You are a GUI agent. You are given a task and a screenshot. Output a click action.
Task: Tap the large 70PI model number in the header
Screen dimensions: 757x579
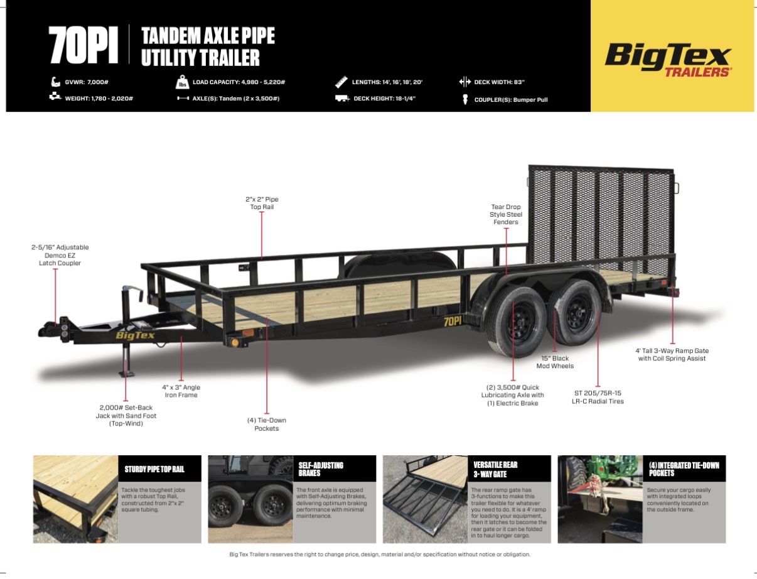[83, 45]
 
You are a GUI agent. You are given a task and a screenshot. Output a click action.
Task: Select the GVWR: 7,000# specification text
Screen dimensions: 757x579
[87, 82]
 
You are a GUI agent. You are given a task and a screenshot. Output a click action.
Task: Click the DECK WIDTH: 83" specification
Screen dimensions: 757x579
[499, 82]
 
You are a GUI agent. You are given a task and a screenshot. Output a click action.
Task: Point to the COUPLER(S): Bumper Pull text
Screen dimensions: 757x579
[511, 100]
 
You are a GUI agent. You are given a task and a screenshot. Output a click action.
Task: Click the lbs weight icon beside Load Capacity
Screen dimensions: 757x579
[182, 82]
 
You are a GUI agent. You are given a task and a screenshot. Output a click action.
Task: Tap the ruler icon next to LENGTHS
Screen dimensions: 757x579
[341, 82]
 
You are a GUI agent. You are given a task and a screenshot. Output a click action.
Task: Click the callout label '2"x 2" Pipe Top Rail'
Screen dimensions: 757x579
[262, 203]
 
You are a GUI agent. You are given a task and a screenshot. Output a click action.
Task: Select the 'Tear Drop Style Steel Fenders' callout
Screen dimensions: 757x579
[505, 214]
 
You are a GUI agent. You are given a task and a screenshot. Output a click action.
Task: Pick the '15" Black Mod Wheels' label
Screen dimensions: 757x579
[555, 362]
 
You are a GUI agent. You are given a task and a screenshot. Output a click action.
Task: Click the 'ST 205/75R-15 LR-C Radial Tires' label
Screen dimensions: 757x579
[598, 397]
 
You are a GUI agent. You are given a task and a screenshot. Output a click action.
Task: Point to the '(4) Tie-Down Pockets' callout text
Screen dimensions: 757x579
[267, 424]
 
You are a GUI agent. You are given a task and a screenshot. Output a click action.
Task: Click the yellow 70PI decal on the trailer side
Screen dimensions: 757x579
[452, 322]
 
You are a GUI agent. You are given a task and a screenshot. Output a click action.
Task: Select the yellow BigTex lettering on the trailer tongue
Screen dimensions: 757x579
[135, 335]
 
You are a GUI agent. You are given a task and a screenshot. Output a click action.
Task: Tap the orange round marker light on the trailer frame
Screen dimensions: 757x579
[235, 343]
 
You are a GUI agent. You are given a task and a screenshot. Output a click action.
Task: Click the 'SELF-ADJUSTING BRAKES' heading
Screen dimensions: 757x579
[321, 469]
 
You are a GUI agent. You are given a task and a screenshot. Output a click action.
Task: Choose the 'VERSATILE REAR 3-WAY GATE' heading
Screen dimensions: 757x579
[495, 469]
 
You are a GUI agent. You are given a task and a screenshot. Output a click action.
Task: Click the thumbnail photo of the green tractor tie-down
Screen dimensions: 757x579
[600, 499]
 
